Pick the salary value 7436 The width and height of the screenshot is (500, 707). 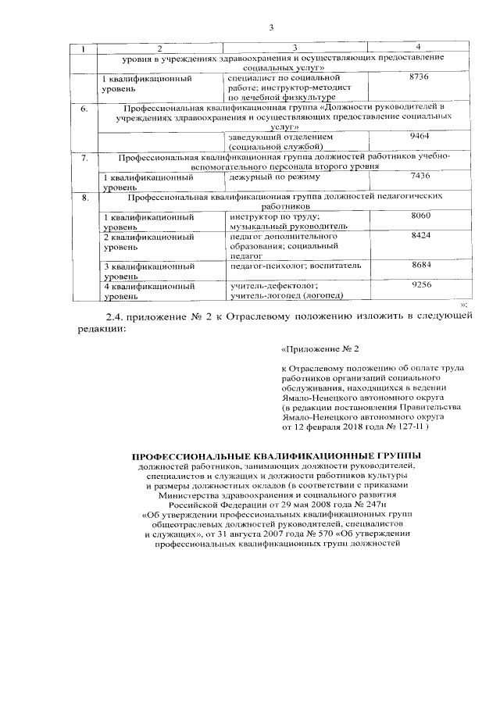pos(420,176)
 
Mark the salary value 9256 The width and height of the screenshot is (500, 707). pos(420,286)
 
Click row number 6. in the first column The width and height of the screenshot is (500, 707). pos(84,108)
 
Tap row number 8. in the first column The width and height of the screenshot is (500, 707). pos(84,197)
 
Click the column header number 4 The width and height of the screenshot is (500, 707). pos(420,49)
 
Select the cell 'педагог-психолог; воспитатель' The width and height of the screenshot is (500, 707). pos(295,266)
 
